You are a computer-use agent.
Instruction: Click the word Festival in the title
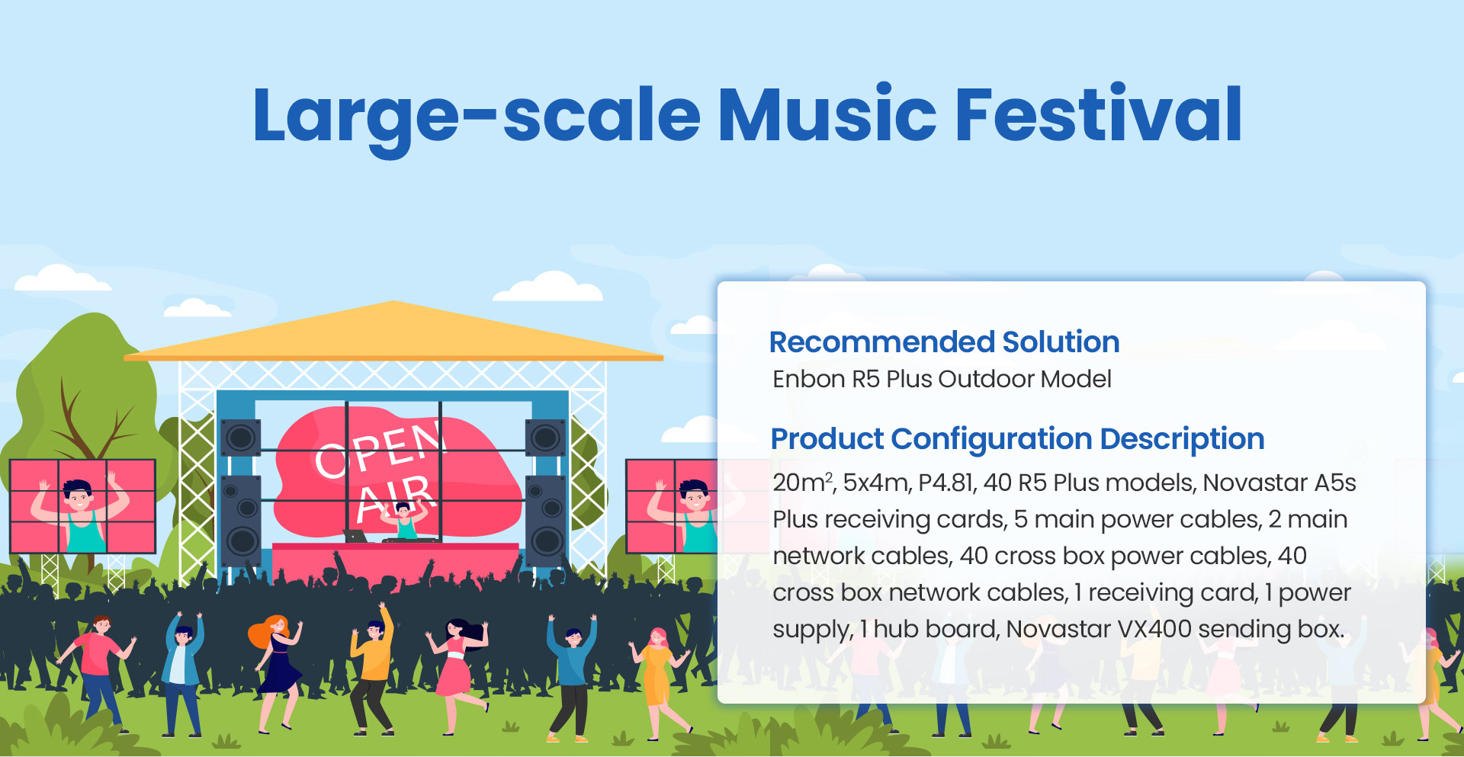pyautogui.click(x=1099, y=114)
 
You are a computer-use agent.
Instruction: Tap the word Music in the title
pyautogui.click(x=827, y=114)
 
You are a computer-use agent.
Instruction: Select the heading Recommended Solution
pyautogui.click(x=944, y=342)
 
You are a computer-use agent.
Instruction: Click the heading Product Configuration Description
pyautogui.click(x=1017, y=439)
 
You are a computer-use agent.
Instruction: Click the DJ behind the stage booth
pyautogui.click(x=403, y=522)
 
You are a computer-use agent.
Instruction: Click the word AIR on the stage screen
pyautogui.click(x=396, y=496)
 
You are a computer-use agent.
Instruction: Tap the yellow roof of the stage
pyautogui.click(x=393, y=331)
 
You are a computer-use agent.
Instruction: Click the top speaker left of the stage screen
pyautogui.click(x=241, y=438)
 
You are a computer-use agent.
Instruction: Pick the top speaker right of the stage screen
pyautogui.click(x=545, y=438)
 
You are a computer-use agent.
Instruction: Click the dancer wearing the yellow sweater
pyautogui.click(x=373, y=671)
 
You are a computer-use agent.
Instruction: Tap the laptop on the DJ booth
pyautogui.click(x=355, y=536)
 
